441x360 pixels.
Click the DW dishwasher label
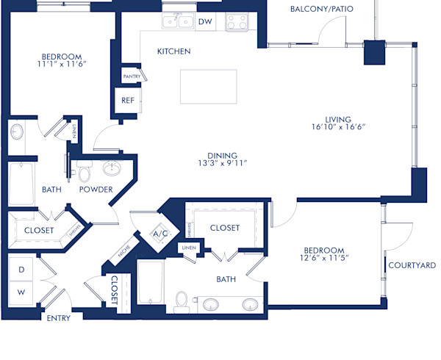[x=206, y=22]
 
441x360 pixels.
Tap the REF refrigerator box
[x=127, y=100]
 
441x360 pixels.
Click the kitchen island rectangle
[x=208, y=87]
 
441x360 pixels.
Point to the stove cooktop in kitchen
[x=237, y=21]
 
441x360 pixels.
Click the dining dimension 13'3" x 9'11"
[x=221, y=164]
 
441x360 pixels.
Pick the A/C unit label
[x=159, y=234]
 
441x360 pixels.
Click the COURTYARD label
[x=412, y=265]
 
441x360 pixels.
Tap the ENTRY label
[x=58, y=318]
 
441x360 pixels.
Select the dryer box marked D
[x=21, y=270]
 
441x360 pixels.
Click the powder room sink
[x=112, y=169]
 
